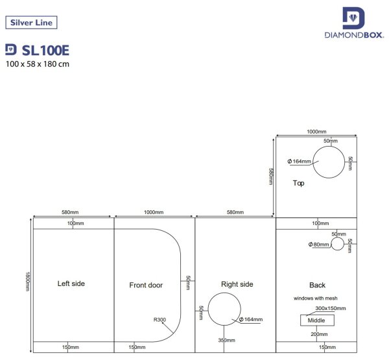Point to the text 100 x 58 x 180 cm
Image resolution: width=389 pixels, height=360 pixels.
coord(37,64)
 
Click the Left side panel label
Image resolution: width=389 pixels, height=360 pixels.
coord(71,283)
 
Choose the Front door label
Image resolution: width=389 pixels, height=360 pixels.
coord(146,285)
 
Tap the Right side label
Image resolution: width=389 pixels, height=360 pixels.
coord(237,284)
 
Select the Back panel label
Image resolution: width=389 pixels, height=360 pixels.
coord(317,285)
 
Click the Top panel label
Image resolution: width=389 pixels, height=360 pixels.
coord(298,183)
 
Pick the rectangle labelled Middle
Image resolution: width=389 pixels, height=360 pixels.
coord(316,320)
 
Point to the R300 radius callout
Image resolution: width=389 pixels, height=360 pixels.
coord(159,319)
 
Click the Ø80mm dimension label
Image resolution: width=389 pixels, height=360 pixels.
coord(318,245)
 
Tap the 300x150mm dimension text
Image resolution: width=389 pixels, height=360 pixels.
coord(331,308)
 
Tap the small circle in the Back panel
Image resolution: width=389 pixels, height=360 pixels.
coord(337,244)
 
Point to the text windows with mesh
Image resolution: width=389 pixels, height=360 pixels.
coord(316,298)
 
